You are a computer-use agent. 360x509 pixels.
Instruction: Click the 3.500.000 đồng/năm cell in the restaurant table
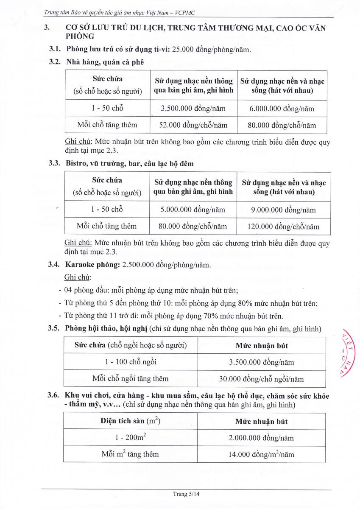(193, 109)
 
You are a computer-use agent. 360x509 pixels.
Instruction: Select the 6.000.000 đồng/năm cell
(282, 109)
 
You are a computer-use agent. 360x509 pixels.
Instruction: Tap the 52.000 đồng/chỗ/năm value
(193, 125)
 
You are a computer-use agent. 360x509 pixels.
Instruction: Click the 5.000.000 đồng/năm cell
(193, 210)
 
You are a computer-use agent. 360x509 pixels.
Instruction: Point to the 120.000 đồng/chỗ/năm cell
(283, 227)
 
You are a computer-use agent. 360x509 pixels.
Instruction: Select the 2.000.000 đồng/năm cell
(261, 438)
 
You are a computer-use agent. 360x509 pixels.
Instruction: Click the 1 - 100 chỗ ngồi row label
(131, 362)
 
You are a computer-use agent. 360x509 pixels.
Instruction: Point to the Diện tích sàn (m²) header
(131, 421)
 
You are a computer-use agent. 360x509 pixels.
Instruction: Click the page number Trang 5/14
(186, 494)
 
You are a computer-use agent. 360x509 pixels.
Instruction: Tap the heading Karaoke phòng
(92, 265)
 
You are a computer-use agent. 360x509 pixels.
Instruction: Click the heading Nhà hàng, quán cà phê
(105, 62)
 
